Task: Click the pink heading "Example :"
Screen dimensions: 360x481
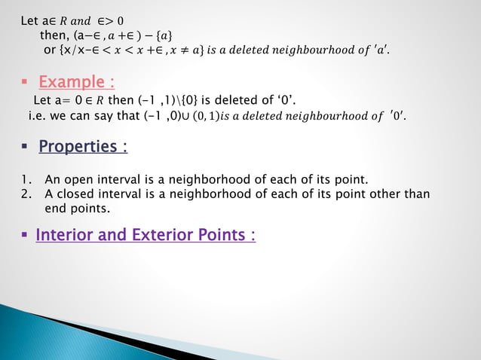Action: (x=76, y=81)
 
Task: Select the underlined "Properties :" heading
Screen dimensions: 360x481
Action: (x=83, y=145)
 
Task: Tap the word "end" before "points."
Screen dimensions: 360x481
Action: (x=57, y=208)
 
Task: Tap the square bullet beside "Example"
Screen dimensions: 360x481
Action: (x=26, y=82)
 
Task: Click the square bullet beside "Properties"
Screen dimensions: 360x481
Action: (x=26, y=146)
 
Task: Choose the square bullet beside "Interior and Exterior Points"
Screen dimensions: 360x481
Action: (x=26, y=236)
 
